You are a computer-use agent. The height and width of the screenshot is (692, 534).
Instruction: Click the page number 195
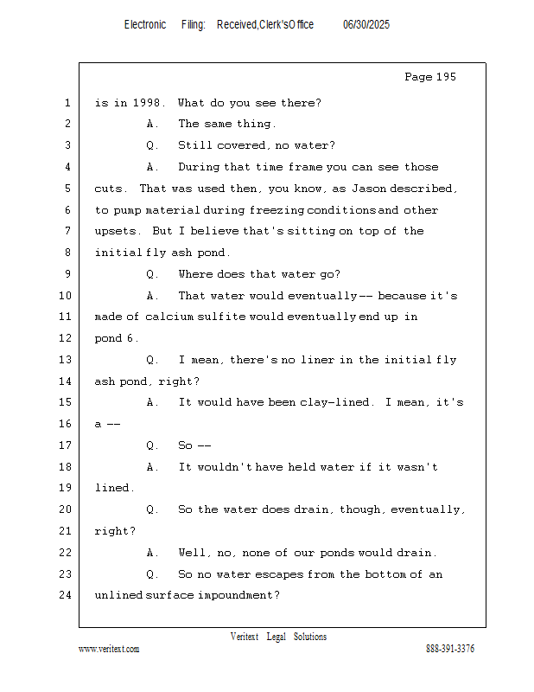(x=446, y=77)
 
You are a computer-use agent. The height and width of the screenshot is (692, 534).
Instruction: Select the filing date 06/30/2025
(x=366, y=25)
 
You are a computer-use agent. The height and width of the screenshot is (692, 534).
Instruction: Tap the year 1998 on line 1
(x=146, y=103)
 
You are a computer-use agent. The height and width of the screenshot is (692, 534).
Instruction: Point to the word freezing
(x=277, y=210)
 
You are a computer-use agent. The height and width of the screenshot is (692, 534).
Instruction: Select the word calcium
(x=169, y=317)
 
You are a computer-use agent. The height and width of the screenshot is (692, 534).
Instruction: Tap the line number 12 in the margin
(x=66, y=338)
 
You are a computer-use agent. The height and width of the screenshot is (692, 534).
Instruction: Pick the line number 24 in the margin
(x=66, y=595)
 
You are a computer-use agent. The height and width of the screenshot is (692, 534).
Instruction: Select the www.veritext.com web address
(x=109, y=649)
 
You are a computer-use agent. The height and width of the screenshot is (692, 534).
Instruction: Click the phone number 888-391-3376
(x=450, y=649)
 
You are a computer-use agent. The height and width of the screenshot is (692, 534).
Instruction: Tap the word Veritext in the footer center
(x=245, y=637)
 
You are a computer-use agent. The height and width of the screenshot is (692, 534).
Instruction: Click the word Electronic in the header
(x=145, y=25)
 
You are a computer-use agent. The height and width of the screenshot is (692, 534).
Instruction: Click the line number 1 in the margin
(x=67, y=103)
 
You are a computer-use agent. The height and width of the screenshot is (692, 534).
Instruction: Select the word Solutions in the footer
(x=310, y=637)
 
